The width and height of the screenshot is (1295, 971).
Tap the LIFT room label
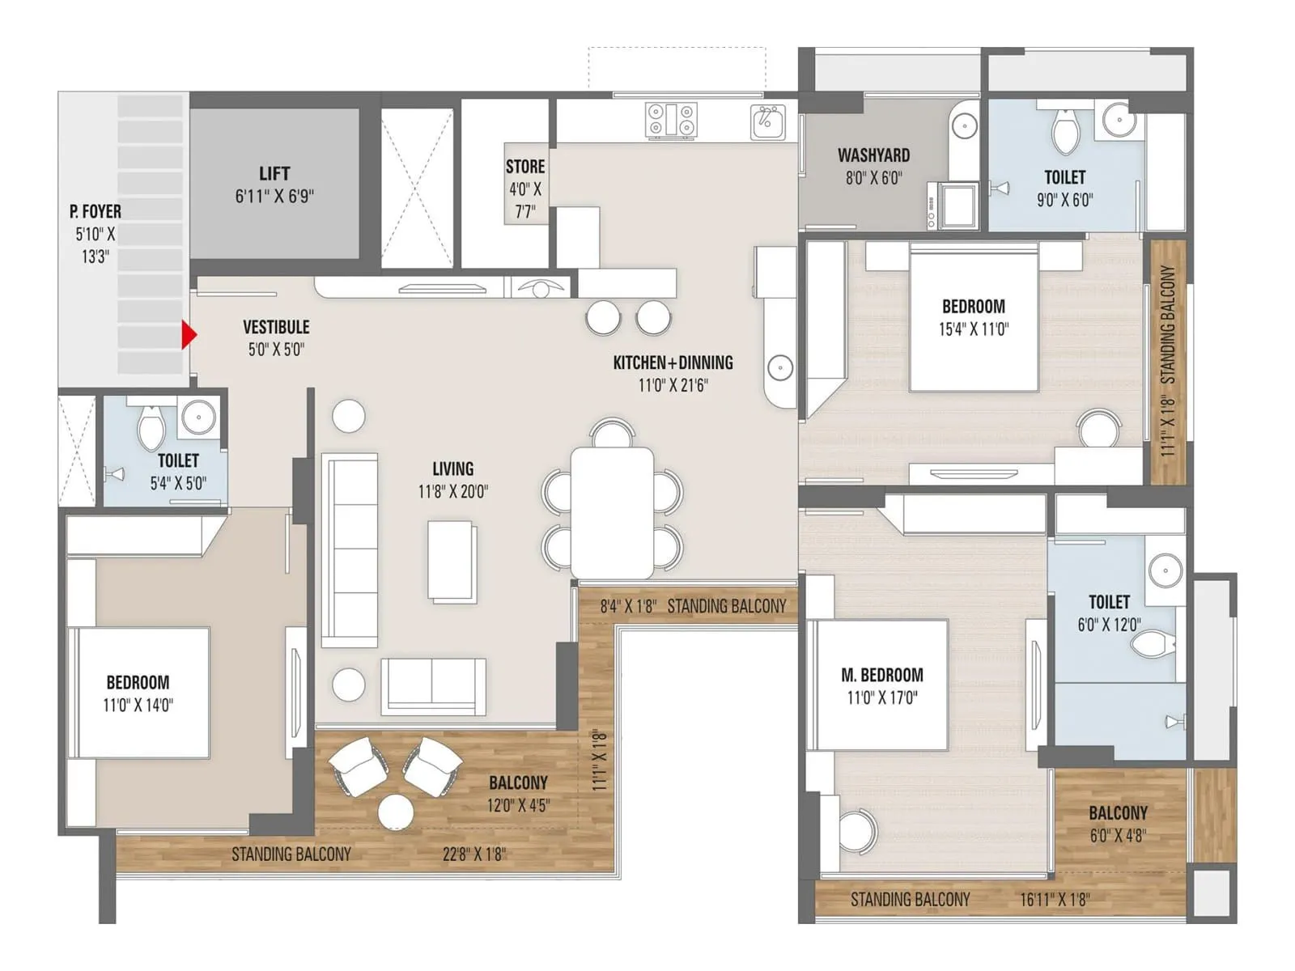[x=274, y=174]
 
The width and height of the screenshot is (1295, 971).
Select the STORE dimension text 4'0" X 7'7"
[x=525, y=200]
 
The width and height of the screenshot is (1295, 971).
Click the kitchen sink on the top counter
[x=767, y=122]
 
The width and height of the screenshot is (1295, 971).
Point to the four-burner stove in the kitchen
[x=671, y=120]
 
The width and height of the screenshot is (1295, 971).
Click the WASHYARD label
[x=873, y=155]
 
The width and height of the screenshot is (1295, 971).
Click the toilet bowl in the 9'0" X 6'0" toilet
[x=1065, y=134]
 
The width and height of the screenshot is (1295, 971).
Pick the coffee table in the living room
[x=452, y=561]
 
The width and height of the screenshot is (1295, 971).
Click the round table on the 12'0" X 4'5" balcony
[x=396, y=812]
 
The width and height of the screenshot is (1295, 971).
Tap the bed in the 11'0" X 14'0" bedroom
[x=142, y=693]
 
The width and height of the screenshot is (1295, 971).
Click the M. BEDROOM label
[x=881, y=675]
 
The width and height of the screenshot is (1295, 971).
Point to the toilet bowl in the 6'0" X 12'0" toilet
[x=1151, y=645]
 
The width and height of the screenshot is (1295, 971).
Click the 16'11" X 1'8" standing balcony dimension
[x=1055, y=899]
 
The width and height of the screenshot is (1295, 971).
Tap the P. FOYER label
[x=96, y=212]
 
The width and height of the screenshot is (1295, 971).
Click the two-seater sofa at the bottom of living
[x=433, y=685]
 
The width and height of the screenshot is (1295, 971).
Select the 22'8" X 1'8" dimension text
[x=473, y=854]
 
